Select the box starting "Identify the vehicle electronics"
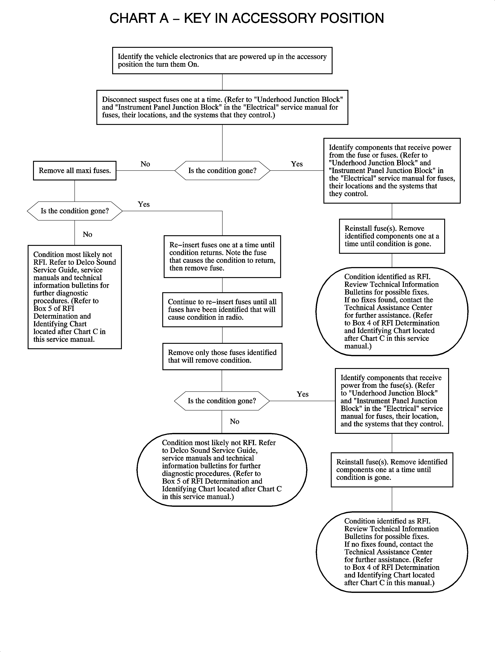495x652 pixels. (x=222, y=61)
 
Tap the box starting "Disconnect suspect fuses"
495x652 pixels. (x=222, y=107)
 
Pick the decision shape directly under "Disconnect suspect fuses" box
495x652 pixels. (x=222, y=171)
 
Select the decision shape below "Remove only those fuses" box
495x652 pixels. (x=222, y=401)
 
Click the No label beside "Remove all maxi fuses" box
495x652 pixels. (x=145, y=164)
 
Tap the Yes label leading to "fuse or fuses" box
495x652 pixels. (x=297, y=164)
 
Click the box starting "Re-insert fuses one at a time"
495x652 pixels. (x=222, y=257)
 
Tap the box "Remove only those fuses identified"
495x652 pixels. (x=222, y=356)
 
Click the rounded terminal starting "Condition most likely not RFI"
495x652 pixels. (x=222, y=470)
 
